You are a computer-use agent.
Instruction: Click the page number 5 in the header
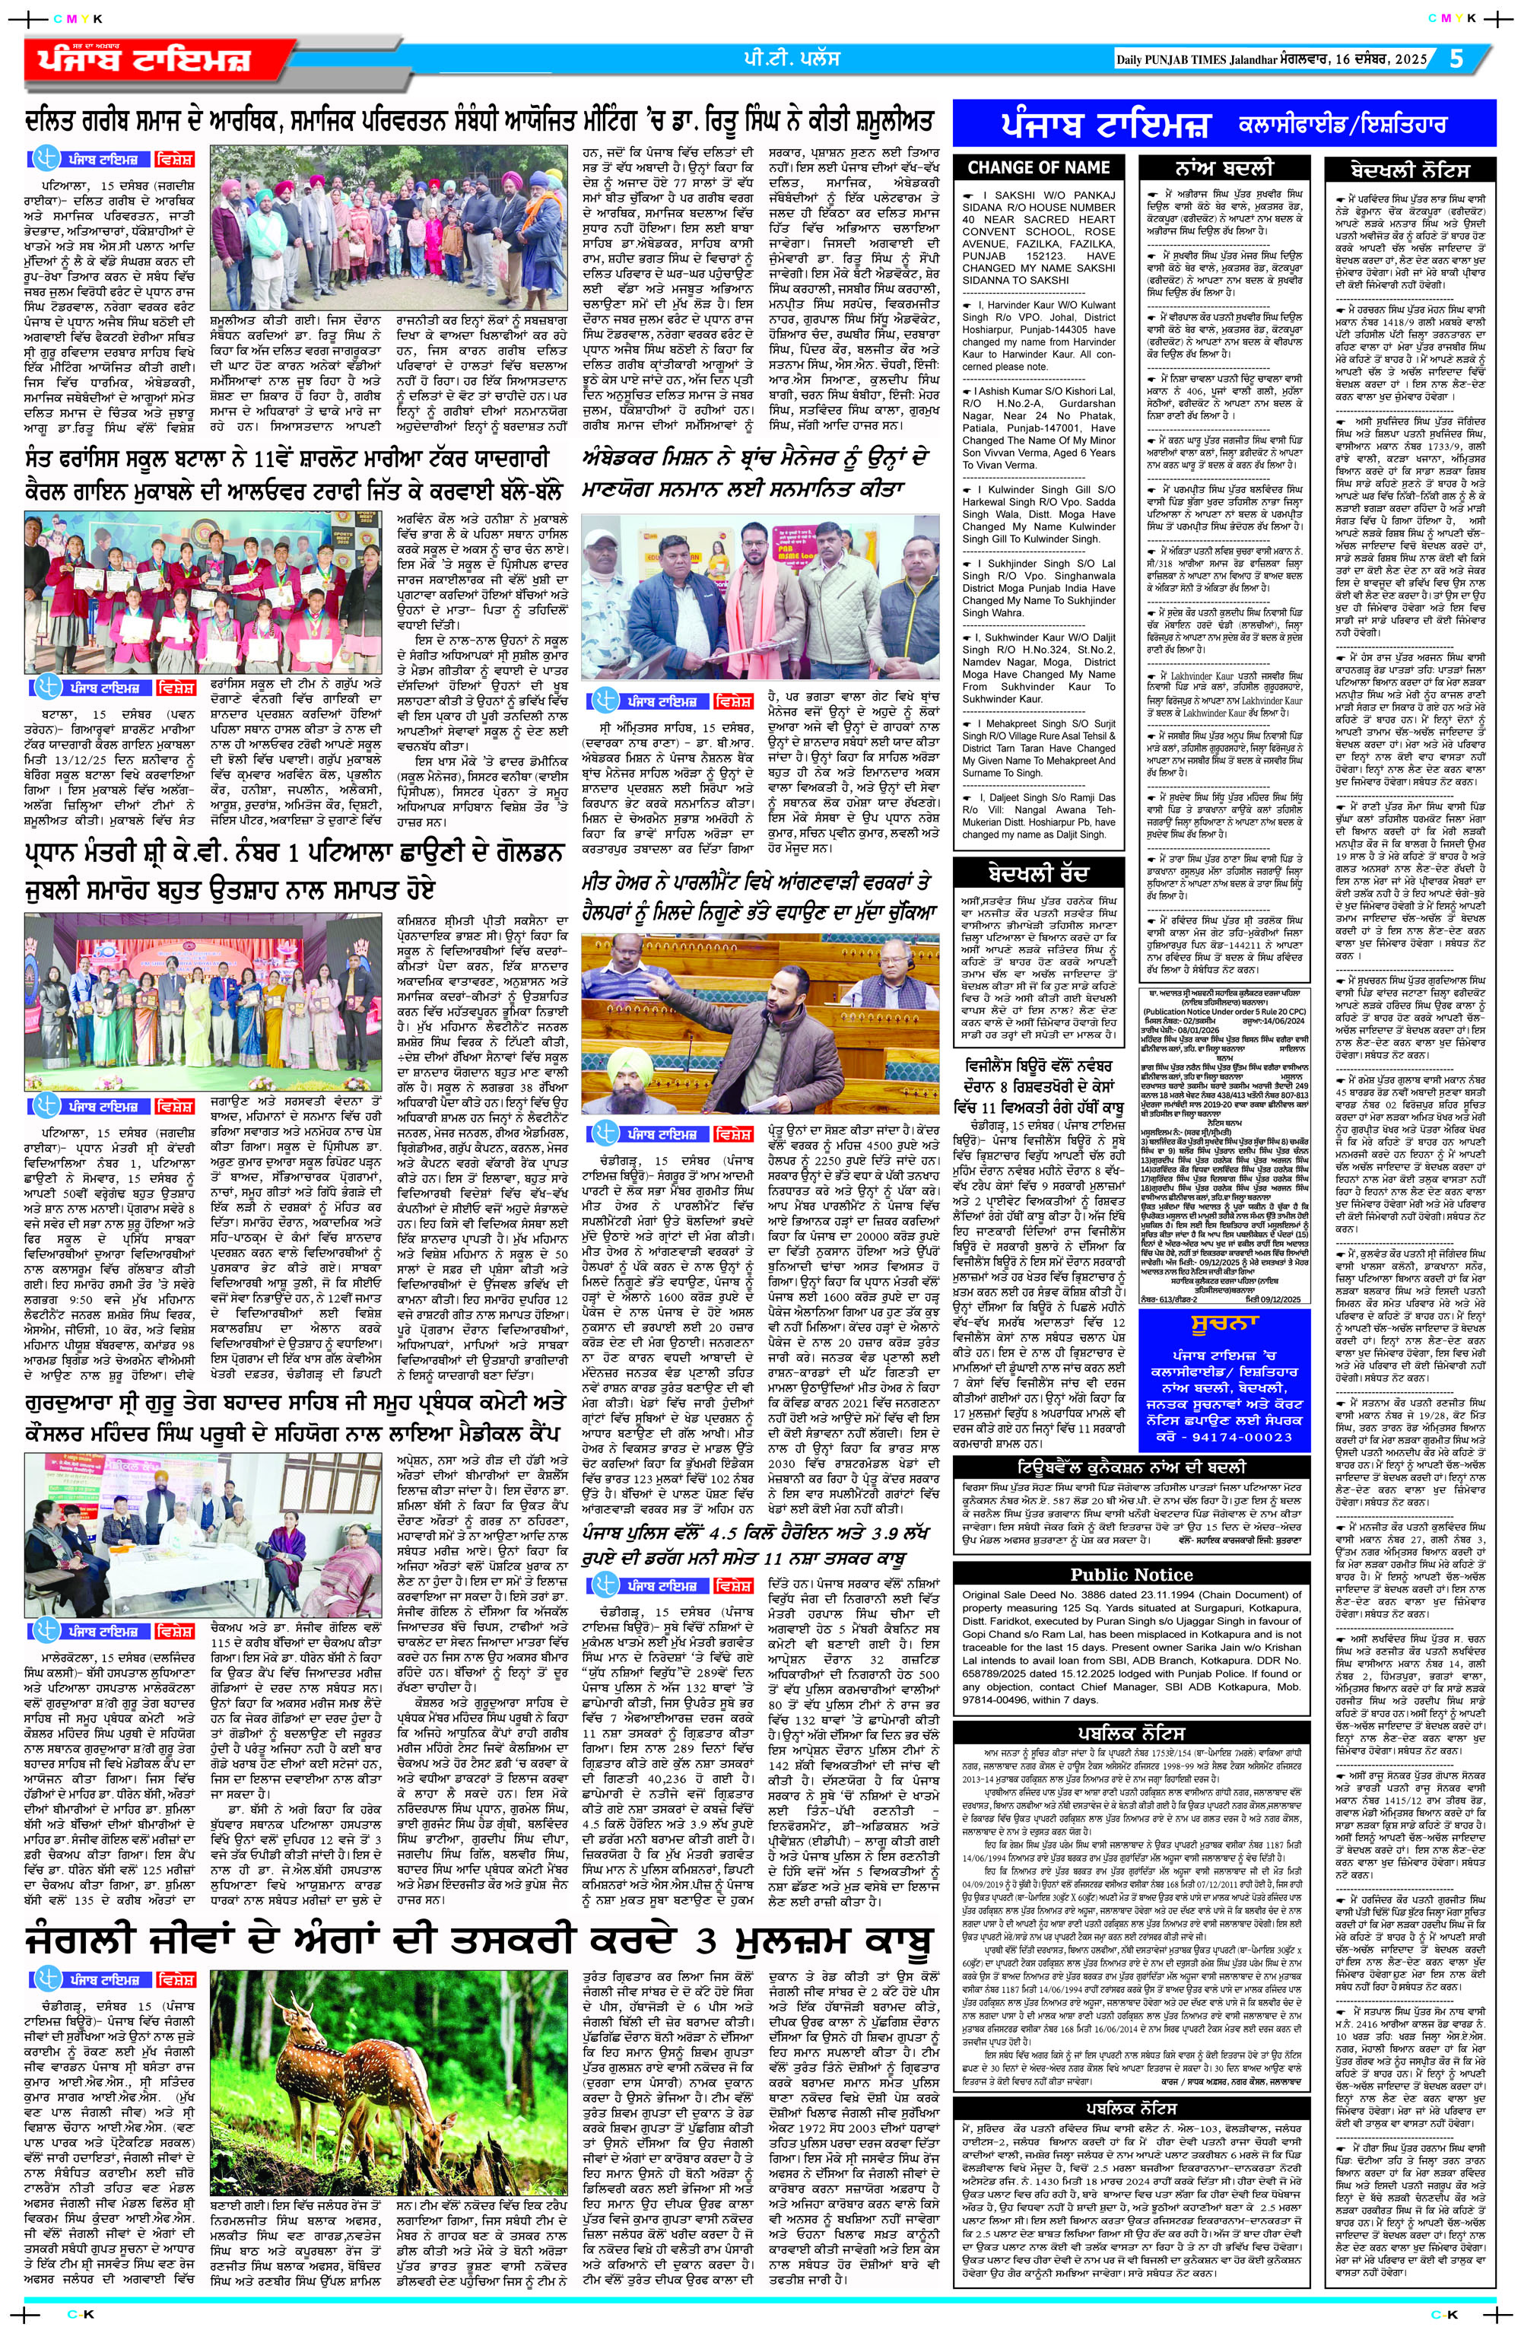1457,59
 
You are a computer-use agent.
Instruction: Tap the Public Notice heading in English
1131,1574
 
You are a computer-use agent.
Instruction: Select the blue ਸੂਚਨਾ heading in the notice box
1222,1326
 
